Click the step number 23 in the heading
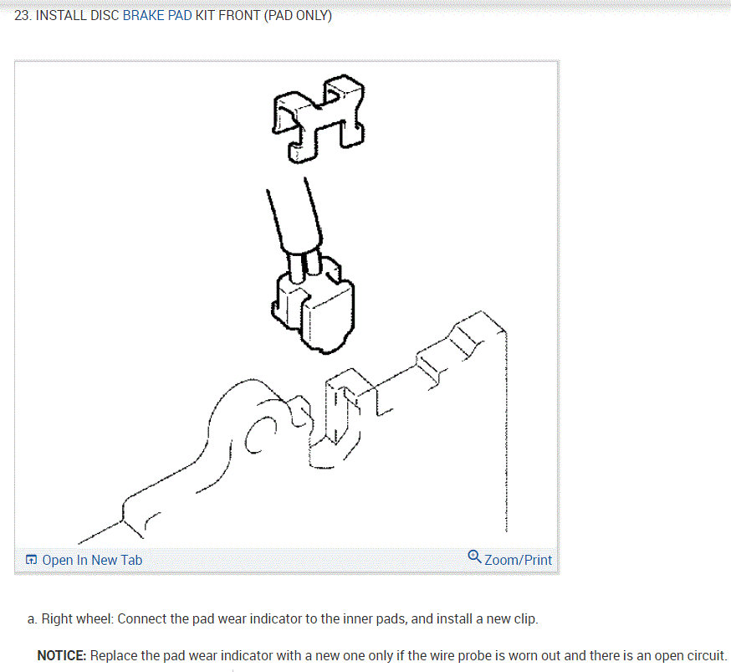click(22, 17)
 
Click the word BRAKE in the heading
click(144, 17)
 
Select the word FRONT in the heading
click(239, 17)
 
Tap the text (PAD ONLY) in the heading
click(298, 17)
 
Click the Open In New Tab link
click(92, 560)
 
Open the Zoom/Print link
click(518, 560)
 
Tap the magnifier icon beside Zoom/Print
click(474, 557)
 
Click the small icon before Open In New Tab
click(31, 560)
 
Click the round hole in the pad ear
click(261, 432)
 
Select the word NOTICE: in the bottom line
click(62, 655)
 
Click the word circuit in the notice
click(704, 655)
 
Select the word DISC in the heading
click(105, 17)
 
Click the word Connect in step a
click(144, 619)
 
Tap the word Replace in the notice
click(115, 655)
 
